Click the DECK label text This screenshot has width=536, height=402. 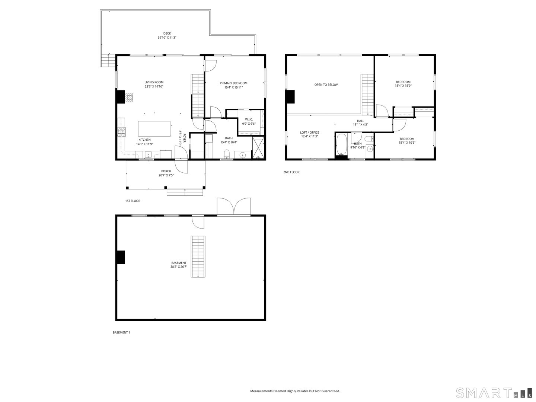[167, 33]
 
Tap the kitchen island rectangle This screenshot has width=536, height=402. [154, 129]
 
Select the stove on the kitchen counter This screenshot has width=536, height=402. [121, 132]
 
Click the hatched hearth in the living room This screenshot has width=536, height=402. [129, 98]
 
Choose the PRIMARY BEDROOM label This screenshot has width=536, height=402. [233, 83]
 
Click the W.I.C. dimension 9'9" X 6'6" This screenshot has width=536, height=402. [249, 124]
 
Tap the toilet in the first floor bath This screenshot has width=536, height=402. [226, 154]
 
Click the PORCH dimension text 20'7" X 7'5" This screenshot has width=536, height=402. [166, 175]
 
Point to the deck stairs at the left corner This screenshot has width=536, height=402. [108, 60]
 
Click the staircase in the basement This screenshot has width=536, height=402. [198, 256]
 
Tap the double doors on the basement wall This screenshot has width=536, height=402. [234, 207]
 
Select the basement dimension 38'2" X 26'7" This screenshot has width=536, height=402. [179, 267]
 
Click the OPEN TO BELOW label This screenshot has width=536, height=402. [326, 85]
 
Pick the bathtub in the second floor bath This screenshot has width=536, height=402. [341, 145]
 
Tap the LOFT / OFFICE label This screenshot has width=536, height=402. [310, 133]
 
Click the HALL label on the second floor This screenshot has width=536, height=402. [360, 121]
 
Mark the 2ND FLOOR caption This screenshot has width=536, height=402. [291, 172]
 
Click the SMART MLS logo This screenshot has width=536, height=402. [494, 393]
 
